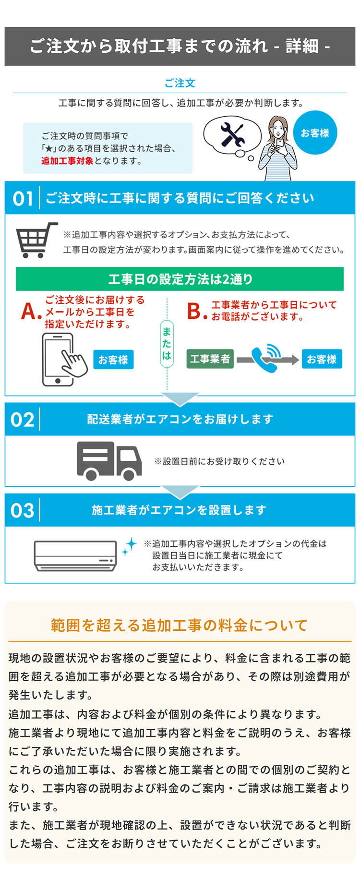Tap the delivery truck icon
109,461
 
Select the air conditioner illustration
75,555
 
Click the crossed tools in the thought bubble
232,134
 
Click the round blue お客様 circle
315,133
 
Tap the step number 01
23,198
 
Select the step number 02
23,420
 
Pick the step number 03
23,510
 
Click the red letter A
30,312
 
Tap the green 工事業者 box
210,359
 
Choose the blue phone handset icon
267,359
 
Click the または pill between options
167,343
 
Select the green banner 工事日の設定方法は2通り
180,279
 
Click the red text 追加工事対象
67,161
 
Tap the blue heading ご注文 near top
180,83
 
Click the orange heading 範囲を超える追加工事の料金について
179,625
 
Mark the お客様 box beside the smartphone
113,360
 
